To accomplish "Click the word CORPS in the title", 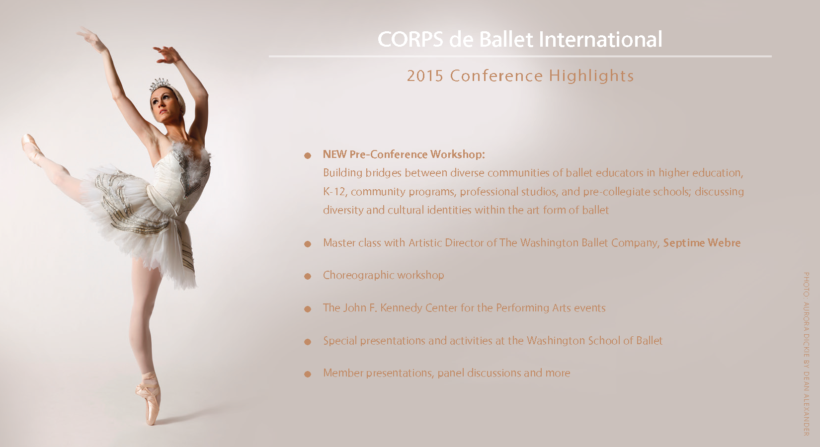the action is pos(410,39).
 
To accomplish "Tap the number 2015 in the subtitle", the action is pos(425,75).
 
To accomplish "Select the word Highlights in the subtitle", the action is pos(591,76).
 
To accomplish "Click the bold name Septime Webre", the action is pos(702,243).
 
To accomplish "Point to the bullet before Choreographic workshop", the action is pos(308,276).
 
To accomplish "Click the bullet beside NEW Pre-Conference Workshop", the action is pos(308,156).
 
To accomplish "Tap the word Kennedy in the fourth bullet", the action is pos(401,308).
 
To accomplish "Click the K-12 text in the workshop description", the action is pos(334,192).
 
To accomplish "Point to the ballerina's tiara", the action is pos(160,84).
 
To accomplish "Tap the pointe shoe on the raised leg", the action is pos(32,148).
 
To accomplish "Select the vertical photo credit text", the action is pos(806,354).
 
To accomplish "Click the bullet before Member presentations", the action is pos(308,374).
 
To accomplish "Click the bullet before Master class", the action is pos(308,244).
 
